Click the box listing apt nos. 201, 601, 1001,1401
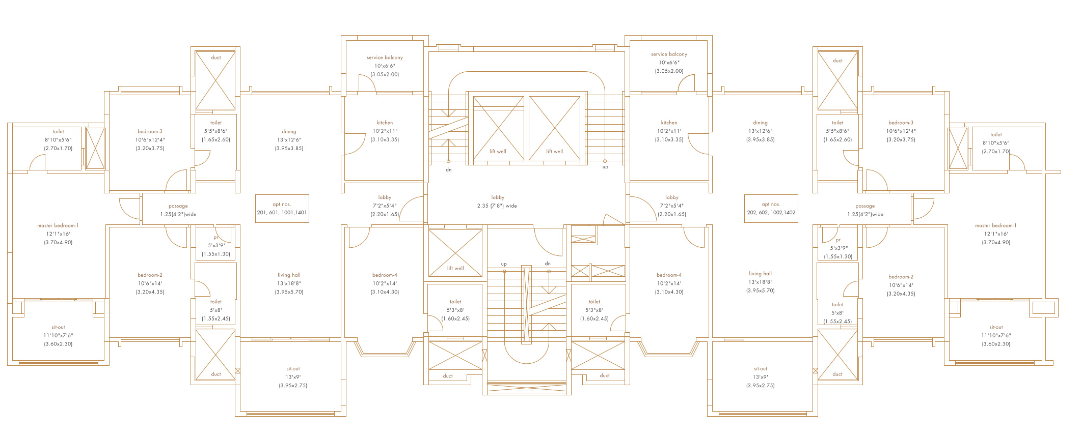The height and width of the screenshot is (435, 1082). pyautogui.click(x=282, y=209)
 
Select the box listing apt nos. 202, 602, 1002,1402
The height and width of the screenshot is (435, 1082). pyautogui.click(x=771, y=209)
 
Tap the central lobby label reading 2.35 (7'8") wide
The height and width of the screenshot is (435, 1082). pyautogui.click(x=497, y=206)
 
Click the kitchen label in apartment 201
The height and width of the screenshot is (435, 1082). pyautogui.click(x=385, y=123)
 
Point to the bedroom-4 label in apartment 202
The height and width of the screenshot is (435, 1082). pyautogui.click(x=669, y=275)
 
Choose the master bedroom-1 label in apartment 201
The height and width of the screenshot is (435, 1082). pyautogui.click(x=58, y=225)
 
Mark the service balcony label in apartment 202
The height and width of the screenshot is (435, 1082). pyautogui.click(x=669, y=54)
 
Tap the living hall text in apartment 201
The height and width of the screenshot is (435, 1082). pyautogui.click(x=289, y=275)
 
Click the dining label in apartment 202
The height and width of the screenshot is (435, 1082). pyautogui.click(x=760, y=123)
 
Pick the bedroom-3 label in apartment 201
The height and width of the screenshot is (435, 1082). pyautogui.click(x=150, y=131)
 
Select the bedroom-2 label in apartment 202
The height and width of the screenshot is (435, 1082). pyautogui.click(x=901, y=277)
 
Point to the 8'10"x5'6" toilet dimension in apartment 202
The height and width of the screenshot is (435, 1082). pyautogui.click(x=996, y=143)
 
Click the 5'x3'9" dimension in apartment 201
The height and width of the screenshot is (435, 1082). pyautogui.click(x=217, y=246)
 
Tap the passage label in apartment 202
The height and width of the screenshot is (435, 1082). pyautogui.click(x=865, y=206)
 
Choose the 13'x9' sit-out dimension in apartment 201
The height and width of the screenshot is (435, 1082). pyautogui.click(x=293, y=377)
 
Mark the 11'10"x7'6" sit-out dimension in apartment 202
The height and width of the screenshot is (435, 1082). pyautogui.click(x=996, y=335)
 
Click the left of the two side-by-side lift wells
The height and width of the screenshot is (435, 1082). pyautogui.click(x=498, y=128)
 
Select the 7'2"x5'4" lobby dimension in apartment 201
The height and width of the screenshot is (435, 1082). pyautogui.click(x=385, y=206)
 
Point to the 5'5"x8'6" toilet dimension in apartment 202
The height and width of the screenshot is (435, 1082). pyautogui.click(x=837, y=131)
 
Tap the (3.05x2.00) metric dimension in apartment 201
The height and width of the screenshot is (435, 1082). pyautogui.click(x=385, y=74)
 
